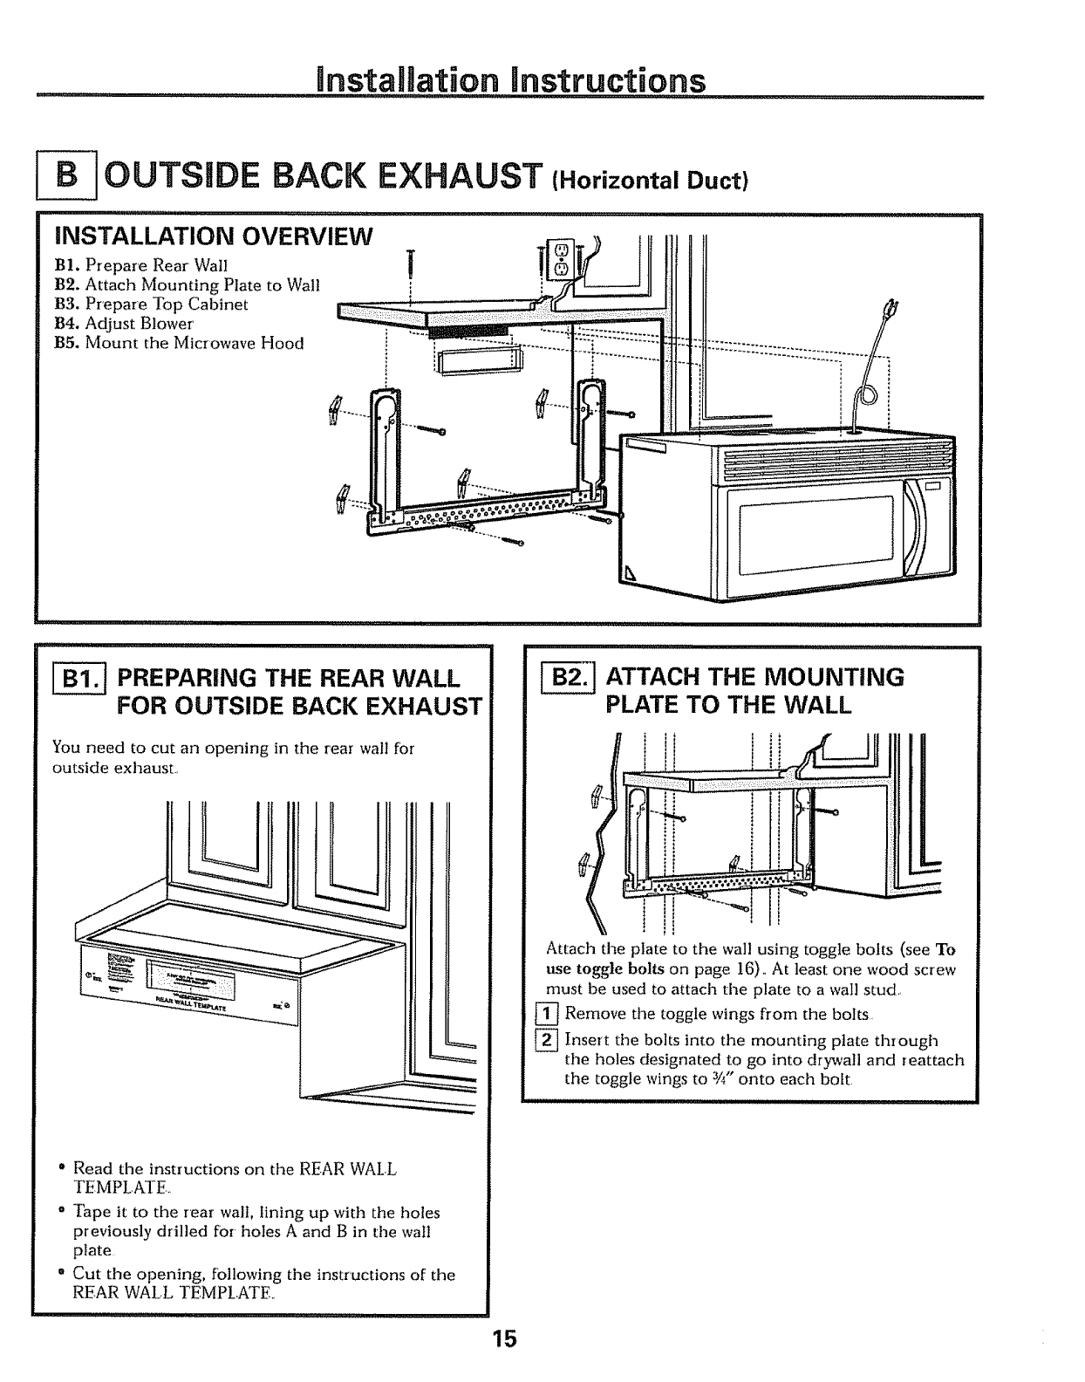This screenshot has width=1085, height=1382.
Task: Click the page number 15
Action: [x=505, y=1338]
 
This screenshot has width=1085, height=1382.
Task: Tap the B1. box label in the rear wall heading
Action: [x=79, y=680]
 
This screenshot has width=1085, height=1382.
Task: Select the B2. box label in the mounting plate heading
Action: [x=569, y=679]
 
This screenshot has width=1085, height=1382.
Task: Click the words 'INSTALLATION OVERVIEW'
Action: [x=214, y=236]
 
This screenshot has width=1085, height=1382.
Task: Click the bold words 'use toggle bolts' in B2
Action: [x=605, y=969]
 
